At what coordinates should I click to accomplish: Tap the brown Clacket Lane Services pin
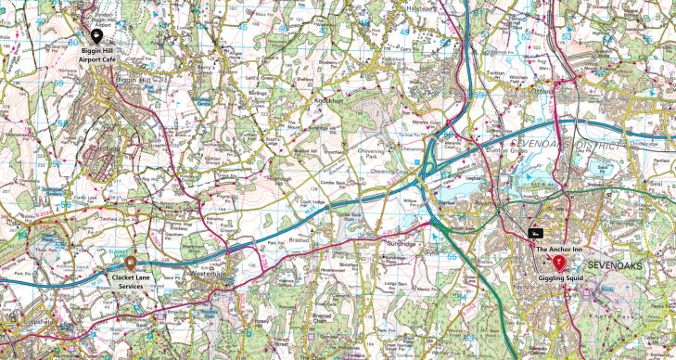[x=130, y=264]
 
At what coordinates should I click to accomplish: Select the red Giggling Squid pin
[x=558, y=262]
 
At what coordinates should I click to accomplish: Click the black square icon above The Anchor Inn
[x=536, y=233]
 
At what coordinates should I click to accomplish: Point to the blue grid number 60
[x=73, y=42]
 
